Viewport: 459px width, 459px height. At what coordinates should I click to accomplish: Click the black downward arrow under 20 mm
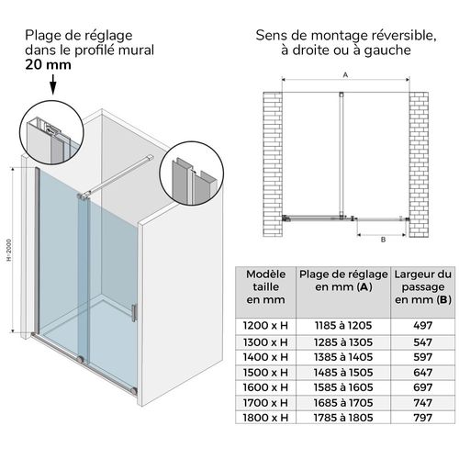(52, 86)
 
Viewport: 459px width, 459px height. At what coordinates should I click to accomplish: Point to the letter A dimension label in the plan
(345, 76)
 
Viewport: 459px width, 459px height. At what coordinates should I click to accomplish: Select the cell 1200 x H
(265, 325)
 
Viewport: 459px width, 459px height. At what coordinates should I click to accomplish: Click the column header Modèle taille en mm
(265, 285)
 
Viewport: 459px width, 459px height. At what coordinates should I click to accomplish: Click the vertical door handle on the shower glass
(137, 313)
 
